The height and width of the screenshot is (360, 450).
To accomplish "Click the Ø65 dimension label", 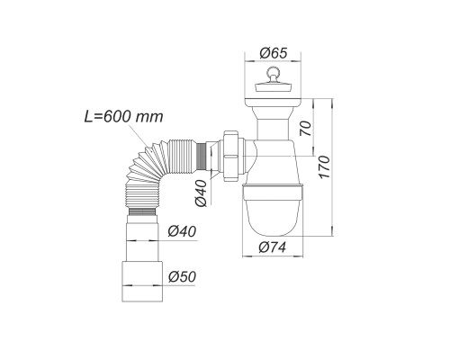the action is click(274, 53).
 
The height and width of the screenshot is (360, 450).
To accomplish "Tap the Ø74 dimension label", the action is click(272, 247).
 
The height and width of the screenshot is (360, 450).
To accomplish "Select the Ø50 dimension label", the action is click(182, 276).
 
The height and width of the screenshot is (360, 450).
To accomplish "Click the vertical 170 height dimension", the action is click(324, 166).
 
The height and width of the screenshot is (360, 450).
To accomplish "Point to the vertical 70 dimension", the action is click(306, 128).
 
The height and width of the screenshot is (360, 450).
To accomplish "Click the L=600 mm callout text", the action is click(123, 116).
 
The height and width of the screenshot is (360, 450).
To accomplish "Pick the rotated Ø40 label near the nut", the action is click(201, 193).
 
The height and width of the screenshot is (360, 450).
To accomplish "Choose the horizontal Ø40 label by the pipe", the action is click(182, 231).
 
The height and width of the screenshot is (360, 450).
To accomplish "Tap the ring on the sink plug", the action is click(273, 72).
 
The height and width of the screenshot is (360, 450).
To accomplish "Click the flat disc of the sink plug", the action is click(273, 87).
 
